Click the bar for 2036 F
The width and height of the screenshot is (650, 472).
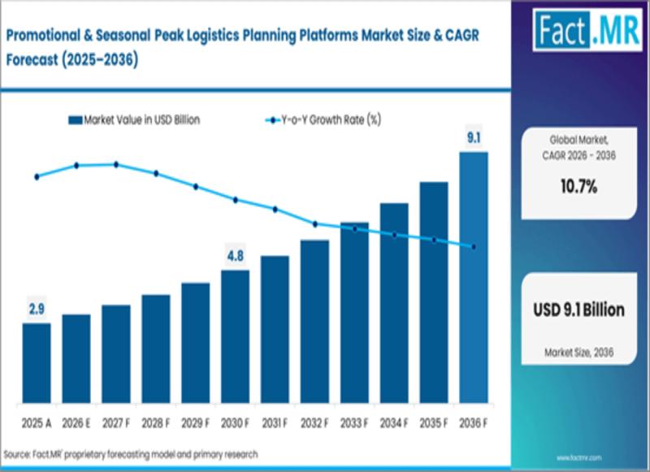pyautogui.click(x=474, y=277)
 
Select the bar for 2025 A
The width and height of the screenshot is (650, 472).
pyautogui.click(x=37, y=363)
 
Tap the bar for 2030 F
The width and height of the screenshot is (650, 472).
pyautogui.click(x=235, y=336)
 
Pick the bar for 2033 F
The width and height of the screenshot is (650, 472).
pyautogui.click(x=354, y=313)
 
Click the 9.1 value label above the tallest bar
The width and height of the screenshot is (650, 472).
pyautogui.click(x=474, y=137)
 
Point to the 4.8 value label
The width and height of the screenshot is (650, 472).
pyautogui.click(x=235, y=256)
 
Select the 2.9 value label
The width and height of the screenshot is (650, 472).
pyautogui.click(x=37, y=309)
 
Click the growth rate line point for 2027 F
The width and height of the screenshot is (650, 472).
pyautogui.click(x=116, y=165)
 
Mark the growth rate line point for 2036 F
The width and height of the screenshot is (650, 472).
pyautogui.click(x=474, y=247)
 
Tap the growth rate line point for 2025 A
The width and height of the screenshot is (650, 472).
pyautogui.click(x=37, y=177)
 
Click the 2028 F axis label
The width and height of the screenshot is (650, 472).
pyautogui.click(x=155, y=423)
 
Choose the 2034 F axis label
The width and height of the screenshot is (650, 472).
pyautogui.click(x=394, y=423)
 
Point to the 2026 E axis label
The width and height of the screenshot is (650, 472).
pyautogui.click(x=76, y=423)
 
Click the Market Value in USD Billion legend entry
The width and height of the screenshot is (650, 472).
pyautogui.click(x=134, y=120)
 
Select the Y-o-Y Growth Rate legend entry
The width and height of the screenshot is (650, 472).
pyautogui.click(x=323, y=120)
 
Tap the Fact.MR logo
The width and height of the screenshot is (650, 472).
pyautogui.click(x=587, y=30)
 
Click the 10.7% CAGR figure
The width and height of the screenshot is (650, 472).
pyautogui.click(x=578, y=187)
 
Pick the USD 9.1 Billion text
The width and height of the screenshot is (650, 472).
pyautogui.click(x=578, y=310)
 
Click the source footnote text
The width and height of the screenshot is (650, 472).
pyautogui.click(x=131, y=455)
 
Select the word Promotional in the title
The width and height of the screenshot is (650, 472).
pyautogui.click(x=43, y=36)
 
